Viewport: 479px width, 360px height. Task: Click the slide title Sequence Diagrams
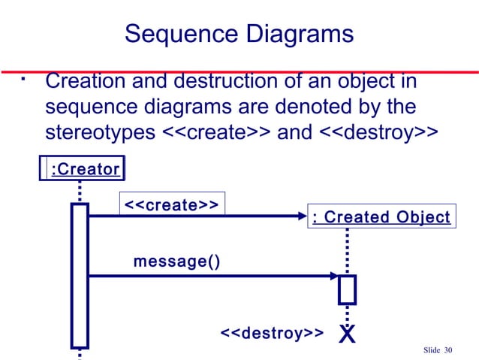coord(239,34)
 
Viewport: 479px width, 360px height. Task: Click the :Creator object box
coord(83,169)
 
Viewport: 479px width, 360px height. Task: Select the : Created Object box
coord(381,217)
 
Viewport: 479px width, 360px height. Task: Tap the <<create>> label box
coord(171,204)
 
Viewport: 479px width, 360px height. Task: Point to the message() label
coord(177,262)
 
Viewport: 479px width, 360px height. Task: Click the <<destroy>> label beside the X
coord(271,333)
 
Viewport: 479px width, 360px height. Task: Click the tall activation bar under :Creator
coord(80,275)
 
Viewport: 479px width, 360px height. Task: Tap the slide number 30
coord(449,350)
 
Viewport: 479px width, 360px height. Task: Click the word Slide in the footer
coord(432,350)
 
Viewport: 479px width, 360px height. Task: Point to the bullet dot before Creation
coord(25,77)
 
